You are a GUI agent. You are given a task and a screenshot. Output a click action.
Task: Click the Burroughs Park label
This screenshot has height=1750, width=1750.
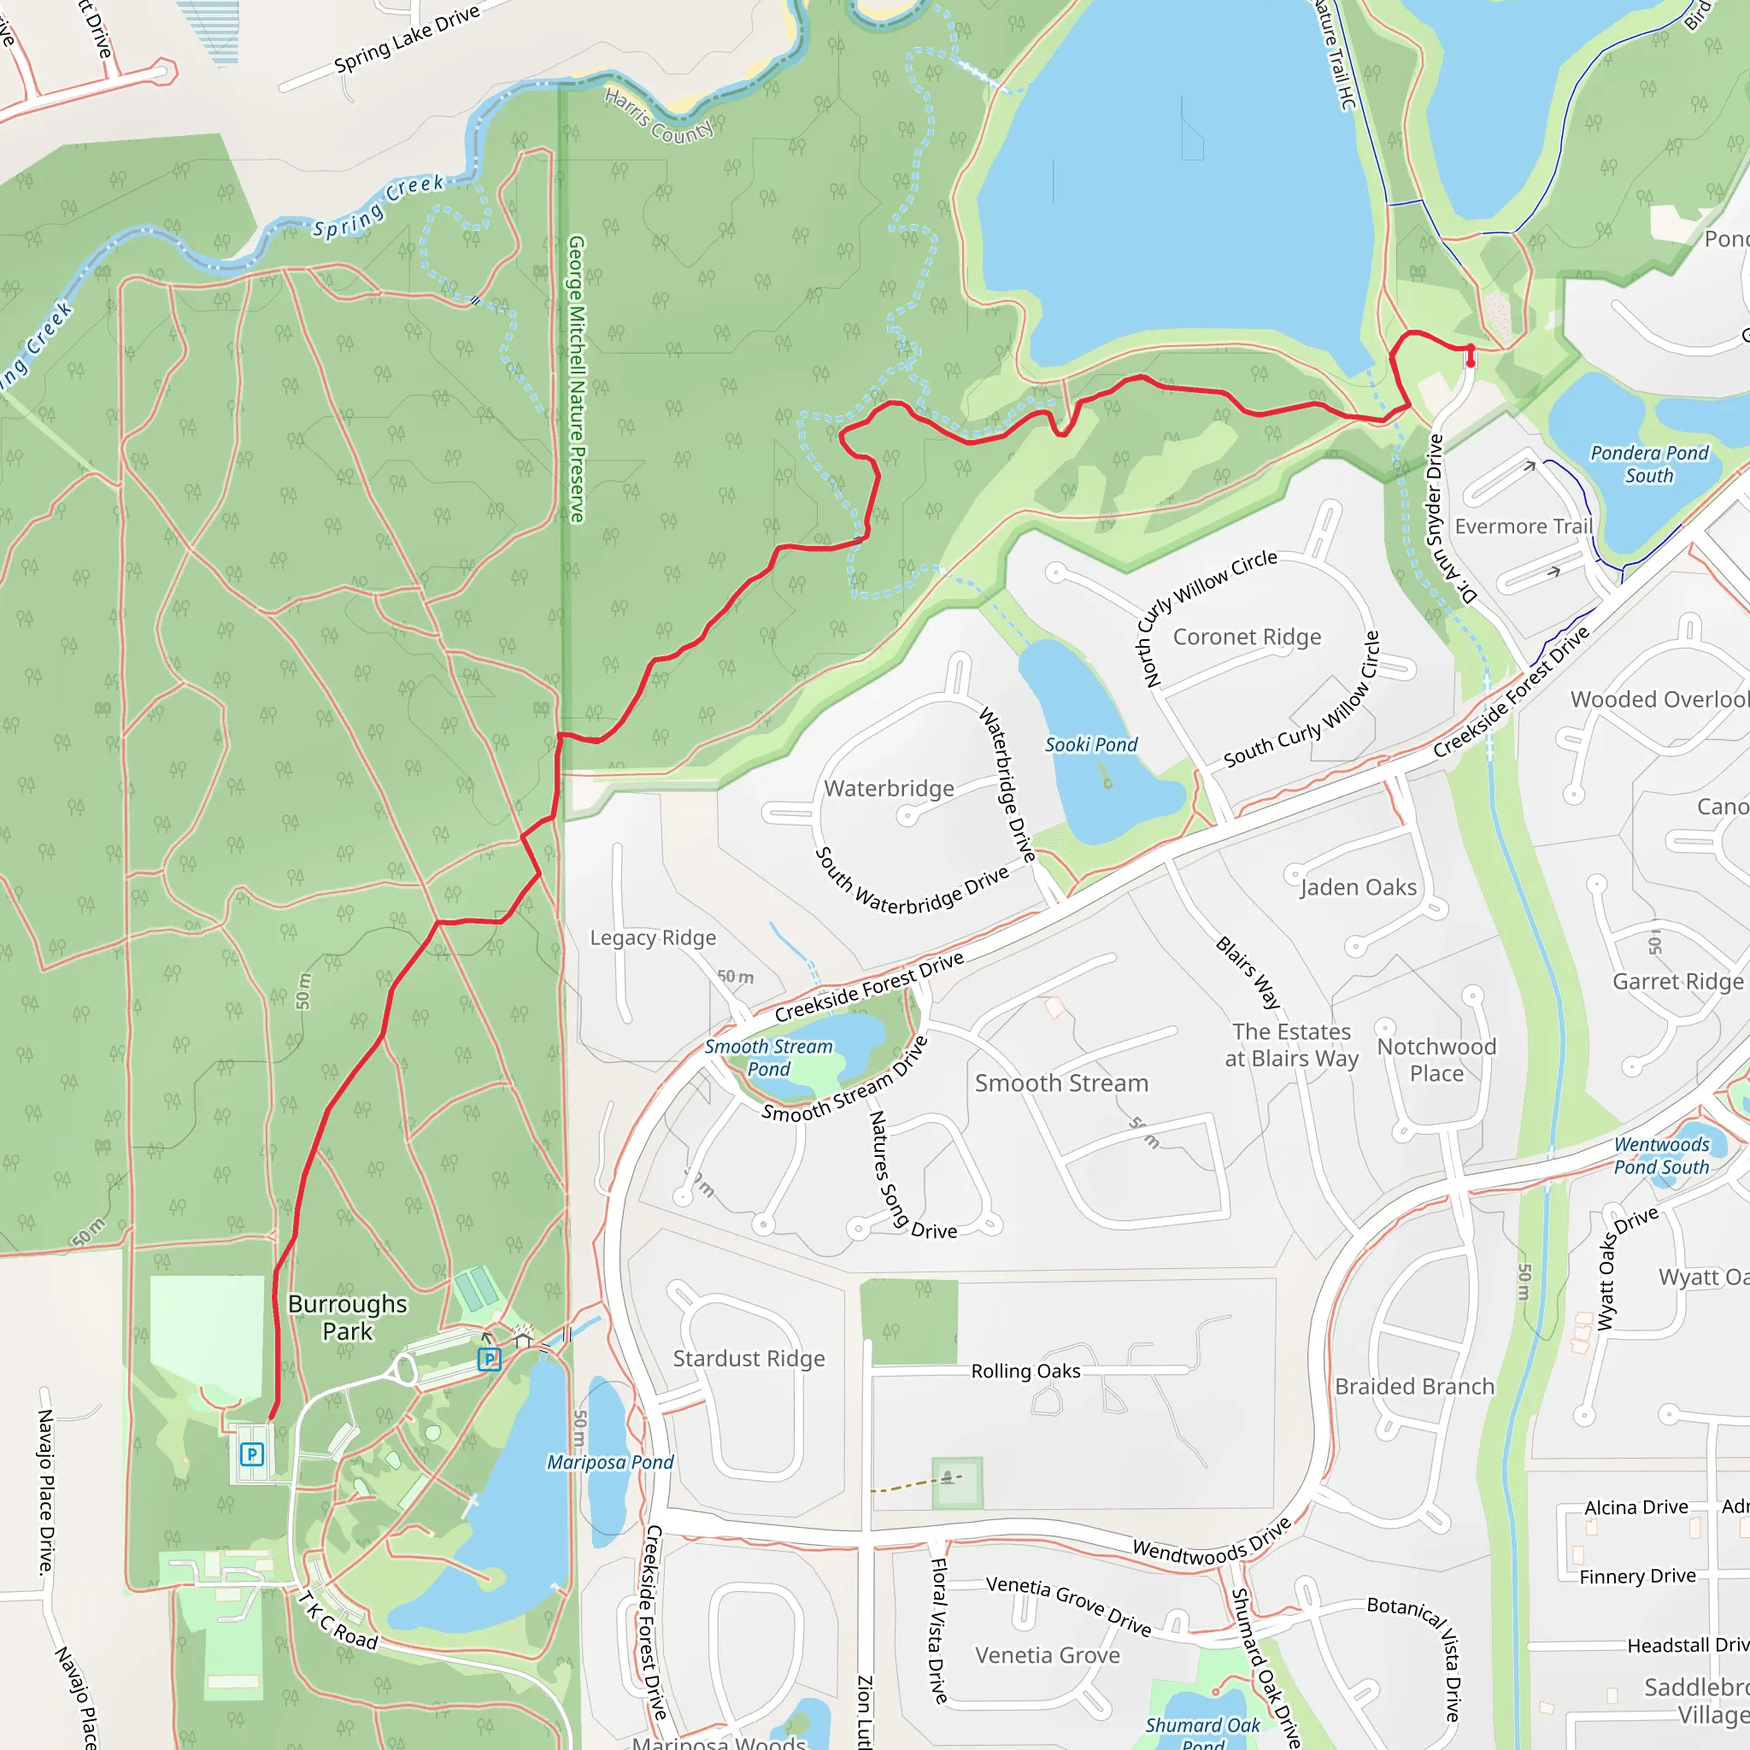(x=348, y=1318)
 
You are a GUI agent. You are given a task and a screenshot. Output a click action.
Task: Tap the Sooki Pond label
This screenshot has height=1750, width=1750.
(x=1090, y=744)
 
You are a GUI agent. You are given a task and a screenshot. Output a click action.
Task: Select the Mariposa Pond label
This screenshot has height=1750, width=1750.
(x=609, y=1463)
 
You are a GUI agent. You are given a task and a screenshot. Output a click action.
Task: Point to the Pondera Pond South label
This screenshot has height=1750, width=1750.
(x=1649, y=464)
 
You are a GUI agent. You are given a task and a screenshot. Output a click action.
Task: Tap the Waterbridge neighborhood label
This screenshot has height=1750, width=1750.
(x=889, y=789)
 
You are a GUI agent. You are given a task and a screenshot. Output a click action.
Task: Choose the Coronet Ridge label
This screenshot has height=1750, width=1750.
(x=1247, y=637)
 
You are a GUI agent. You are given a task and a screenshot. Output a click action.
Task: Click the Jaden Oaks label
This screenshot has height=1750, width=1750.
(x=1358, y=888)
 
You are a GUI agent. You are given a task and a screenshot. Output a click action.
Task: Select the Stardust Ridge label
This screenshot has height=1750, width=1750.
(x=749, y=1359)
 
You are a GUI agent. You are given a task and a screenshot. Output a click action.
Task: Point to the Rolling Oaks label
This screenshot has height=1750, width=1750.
(x=1025, y=1371)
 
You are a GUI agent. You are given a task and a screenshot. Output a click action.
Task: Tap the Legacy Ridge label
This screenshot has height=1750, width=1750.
(x=653, y=937)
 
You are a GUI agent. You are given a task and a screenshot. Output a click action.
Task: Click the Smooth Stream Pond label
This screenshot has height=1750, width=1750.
(x=769, y=1058)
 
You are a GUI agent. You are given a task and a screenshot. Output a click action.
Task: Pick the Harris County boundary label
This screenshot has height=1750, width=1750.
(x=659, y=115)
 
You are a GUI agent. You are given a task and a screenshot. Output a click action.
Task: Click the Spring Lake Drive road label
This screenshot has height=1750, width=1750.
(x=407, y=40)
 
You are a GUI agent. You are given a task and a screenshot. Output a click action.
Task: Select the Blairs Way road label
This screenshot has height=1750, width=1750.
(x=1248, y=972)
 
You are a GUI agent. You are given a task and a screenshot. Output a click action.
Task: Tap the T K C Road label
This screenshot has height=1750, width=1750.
(x=337, y=1619)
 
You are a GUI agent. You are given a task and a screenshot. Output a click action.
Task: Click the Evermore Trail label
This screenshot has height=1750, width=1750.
(x=1524, y=526)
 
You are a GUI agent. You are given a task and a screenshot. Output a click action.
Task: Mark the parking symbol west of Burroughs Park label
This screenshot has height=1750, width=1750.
(x=252, y=1454)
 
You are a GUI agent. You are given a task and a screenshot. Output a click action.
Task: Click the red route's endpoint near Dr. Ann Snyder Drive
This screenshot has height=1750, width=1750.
(x=1470, y=363)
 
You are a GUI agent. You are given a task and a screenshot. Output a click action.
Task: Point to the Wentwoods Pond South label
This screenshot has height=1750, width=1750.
(x=1661, y=1156)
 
